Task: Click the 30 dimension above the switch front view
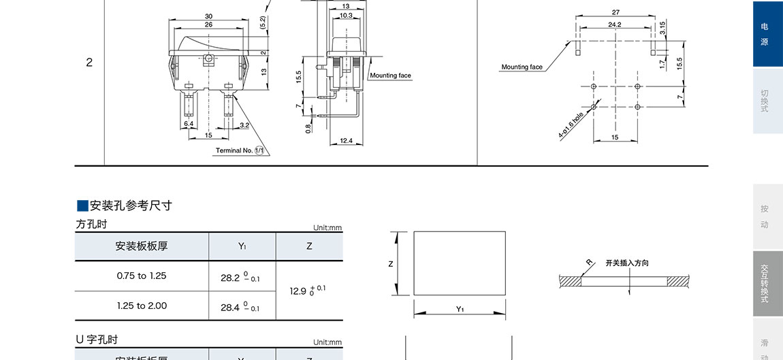(208, 16)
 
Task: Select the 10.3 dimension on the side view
(346, 16)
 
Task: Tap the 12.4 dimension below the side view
(346, 141)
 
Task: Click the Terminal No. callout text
(234, 150)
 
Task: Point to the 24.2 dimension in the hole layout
(615, 24)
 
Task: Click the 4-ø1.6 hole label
(571, 125)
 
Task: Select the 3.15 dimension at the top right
(662, 27)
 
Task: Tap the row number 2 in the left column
(89, 63)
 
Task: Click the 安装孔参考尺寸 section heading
(130, 206)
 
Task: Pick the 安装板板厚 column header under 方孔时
(142, 246)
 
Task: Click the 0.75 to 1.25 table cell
(142, 276)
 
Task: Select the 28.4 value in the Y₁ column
(240, 308)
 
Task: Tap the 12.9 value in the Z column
(308, 290)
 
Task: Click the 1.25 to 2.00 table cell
(142, 306)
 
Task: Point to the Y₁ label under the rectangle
(460, 310)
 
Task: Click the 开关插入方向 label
(627, 263)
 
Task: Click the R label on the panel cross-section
(589, 262)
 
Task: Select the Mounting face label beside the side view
(391, 76)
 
